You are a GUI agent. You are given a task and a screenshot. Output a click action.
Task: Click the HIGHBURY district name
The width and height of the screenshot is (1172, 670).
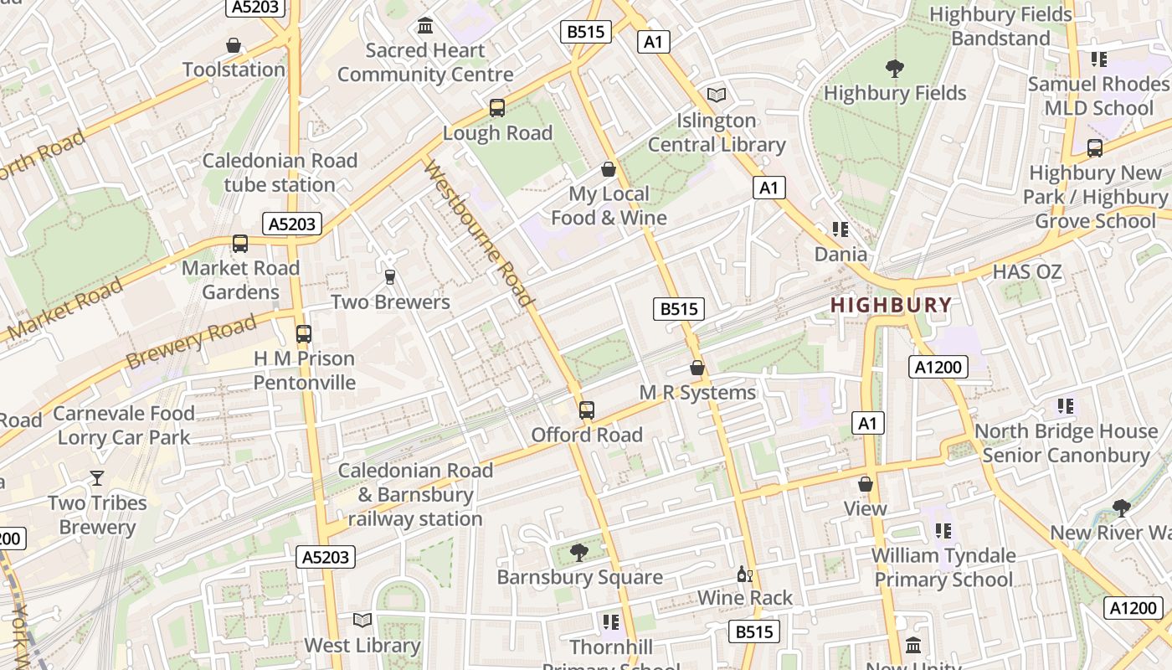(891, 305)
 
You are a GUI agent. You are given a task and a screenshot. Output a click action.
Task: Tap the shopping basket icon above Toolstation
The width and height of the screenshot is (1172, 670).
(234, 45)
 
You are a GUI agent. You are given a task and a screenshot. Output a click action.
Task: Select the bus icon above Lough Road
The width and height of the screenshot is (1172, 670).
(497, 108)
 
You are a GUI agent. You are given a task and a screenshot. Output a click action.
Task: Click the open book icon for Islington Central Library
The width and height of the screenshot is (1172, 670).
(717, 95)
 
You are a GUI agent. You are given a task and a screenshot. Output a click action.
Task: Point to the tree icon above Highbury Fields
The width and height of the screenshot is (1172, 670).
(894, 69)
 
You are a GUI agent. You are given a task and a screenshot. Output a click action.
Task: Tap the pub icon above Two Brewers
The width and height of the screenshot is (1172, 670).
(389, 277)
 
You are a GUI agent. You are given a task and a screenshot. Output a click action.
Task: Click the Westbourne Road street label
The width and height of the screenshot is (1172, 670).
(480, 234)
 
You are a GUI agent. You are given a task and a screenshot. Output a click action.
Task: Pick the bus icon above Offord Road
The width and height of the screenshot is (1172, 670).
(587, 410)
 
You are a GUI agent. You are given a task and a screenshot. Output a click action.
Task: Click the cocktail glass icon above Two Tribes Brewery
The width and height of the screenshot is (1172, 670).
(97, 478)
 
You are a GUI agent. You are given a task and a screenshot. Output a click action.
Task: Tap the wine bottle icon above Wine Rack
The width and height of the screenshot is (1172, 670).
(744, 574)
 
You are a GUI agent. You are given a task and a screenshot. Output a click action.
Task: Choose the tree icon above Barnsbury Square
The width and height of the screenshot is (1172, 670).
(578, 552)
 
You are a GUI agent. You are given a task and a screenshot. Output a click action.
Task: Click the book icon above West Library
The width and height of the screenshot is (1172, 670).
(362, 621)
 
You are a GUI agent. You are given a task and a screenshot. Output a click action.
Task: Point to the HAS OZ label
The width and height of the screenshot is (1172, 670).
(1026, 272)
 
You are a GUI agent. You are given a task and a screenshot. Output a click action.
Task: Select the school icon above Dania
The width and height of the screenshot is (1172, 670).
(840, 229)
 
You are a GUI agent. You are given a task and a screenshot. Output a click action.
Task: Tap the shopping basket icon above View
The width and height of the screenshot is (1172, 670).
(866, 484)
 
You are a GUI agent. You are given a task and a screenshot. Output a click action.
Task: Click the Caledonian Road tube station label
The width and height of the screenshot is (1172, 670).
(280, 173)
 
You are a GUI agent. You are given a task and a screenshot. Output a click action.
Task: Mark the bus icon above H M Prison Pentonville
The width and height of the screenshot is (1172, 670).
(304, 334)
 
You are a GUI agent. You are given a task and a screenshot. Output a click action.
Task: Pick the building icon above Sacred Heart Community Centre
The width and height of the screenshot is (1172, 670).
(425, 26)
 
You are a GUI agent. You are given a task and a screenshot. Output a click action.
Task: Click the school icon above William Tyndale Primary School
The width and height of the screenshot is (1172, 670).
(943, 531)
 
